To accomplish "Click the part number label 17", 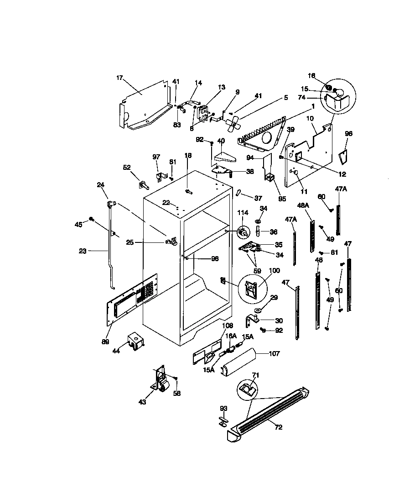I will pos(120,78).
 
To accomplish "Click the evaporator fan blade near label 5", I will pos(234,122).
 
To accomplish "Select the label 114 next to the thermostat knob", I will pos(243,213).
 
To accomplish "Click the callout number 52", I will pos(127,167).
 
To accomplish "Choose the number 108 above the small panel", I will pos(227,326).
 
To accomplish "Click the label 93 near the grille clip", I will pos(224,408).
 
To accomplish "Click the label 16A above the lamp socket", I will pos(231,336).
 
